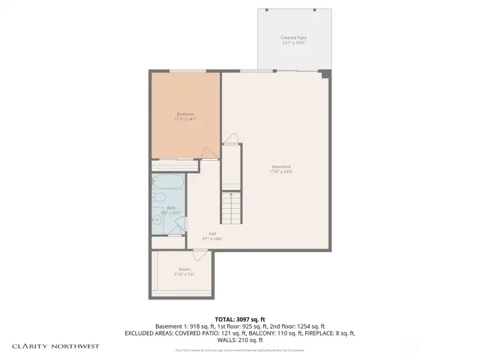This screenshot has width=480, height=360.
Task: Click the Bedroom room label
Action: click(185, 113)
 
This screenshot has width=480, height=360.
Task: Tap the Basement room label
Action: click(281, 167)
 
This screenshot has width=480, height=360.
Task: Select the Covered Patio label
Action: click(293, 38)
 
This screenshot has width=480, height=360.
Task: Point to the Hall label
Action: click(212, 233)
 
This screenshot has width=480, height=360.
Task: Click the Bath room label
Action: click(171, 208)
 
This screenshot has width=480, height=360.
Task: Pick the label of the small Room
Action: click(184, 269)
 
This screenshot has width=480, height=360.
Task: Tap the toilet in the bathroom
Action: click(159, 197)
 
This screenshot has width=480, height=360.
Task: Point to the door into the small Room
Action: click(199, 255)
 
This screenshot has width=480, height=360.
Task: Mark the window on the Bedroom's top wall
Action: click(187, 71)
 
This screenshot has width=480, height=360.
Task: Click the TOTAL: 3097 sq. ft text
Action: click(240, 319)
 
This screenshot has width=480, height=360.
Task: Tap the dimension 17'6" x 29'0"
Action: click(281, 171)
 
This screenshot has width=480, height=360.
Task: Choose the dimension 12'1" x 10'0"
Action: click(293, 43)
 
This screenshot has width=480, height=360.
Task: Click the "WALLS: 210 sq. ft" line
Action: click(240, 339)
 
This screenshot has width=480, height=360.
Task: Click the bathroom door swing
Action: click(176, 231)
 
